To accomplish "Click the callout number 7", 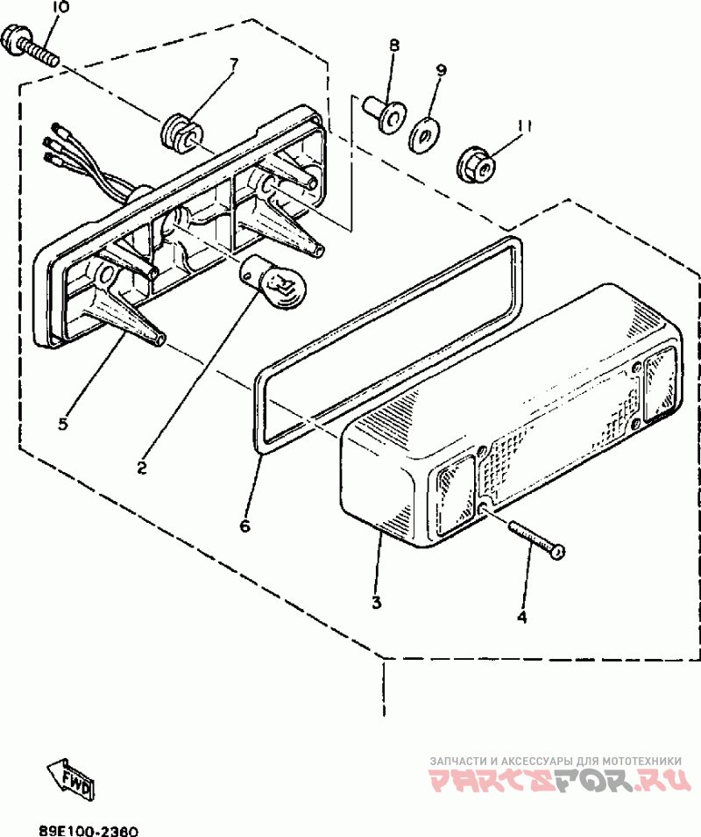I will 234,62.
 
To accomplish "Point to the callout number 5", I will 63,425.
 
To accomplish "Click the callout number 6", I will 245,526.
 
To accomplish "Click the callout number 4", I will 522,617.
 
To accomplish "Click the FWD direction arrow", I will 71,777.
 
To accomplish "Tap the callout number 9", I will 441,70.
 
